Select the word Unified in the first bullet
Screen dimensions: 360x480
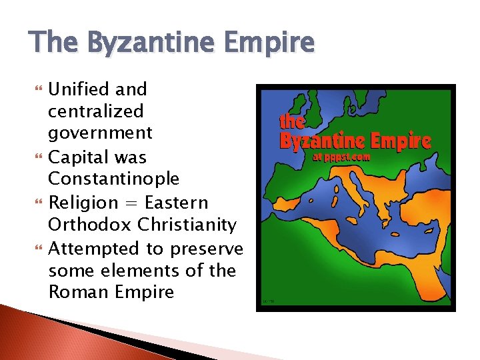pos(79,89)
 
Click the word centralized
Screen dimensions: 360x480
pos(96,111)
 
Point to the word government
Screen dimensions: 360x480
pos(101,133)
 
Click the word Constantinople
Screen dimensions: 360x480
pos(114,179)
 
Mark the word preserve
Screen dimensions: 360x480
pos(206,249)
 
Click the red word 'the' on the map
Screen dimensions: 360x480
pos(292,122)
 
